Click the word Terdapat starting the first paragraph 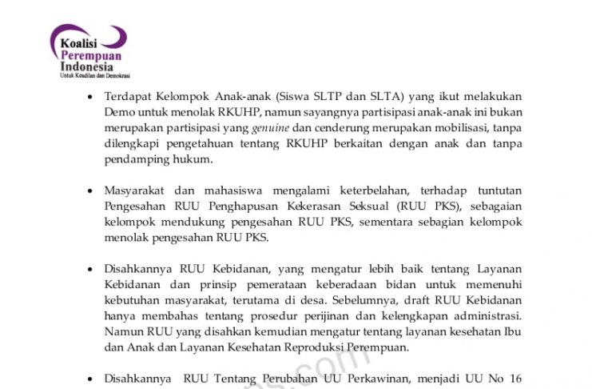point(129,96)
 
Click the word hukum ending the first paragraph point(195,159)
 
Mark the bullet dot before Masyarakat point(89,191)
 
